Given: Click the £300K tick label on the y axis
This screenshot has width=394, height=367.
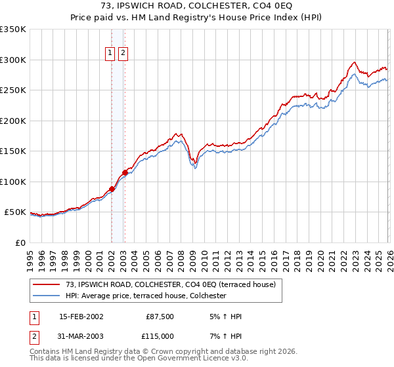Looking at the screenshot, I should click(x=13, y=60).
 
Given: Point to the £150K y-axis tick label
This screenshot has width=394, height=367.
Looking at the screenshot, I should click(x=13, y=151).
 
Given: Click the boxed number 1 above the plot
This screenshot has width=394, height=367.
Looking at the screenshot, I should click(x=111, y=54).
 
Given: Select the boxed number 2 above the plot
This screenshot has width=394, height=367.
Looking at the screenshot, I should click(x=123, y=54).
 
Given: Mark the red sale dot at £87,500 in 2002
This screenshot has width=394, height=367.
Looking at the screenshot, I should click(x=112, y=189).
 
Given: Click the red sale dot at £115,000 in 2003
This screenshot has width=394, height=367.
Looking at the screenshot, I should click(x=125, y=172).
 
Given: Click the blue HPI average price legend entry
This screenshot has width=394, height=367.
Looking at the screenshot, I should click(x=146, y=296).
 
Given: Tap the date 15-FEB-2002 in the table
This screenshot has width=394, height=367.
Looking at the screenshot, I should click(x=81, y=317).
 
